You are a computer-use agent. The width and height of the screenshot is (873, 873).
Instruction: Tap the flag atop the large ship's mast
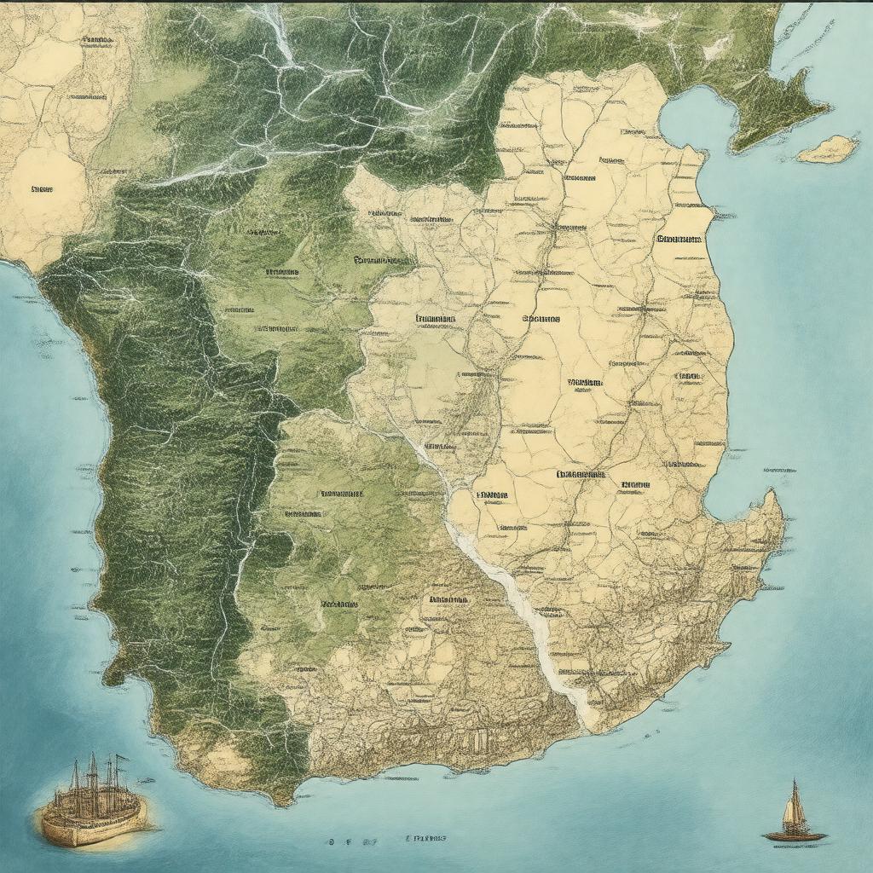(119, 757)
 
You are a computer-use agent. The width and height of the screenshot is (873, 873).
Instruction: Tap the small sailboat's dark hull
(795, 836)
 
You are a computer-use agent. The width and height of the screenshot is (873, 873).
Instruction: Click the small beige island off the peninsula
(826, 149)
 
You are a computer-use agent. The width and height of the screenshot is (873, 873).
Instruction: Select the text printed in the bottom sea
(426, 840)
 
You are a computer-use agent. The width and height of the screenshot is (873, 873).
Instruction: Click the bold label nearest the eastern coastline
(679, 239)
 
